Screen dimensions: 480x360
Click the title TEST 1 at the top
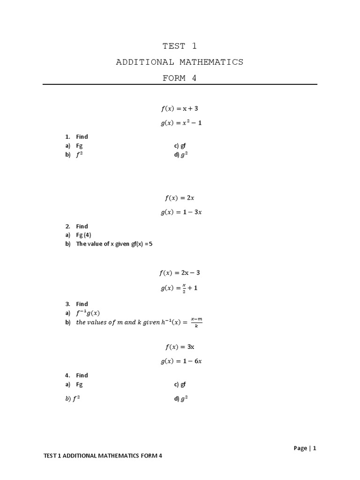point(180,46)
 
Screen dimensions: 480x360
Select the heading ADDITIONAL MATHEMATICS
point(180,62)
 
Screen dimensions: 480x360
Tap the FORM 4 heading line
point(180,78)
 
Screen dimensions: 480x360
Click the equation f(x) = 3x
point(180,347)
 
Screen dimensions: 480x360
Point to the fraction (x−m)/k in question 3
point(196,322)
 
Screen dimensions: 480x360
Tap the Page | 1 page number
point(305,448)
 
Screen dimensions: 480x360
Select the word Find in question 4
point(82,375)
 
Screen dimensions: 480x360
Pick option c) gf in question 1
point(180,146)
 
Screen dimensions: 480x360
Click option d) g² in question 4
point(181,399)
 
